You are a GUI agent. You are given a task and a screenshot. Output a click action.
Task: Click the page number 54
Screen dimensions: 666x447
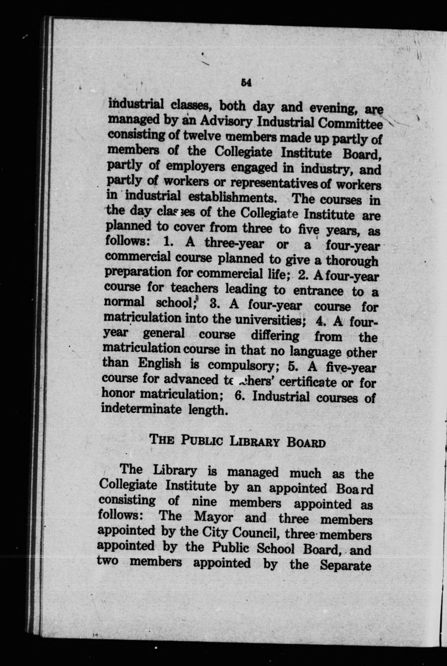pyautogui.click(x=246, y=83)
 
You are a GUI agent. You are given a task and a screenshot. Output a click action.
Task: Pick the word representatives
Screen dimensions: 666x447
pyautogui.click(x=273, y=183)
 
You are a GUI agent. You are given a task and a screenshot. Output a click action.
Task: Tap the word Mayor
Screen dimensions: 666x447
pyautogui.click(x=213, y=516)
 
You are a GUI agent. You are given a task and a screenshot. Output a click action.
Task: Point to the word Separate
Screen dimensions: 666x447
pyautogui.click(x=345, y=563)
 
